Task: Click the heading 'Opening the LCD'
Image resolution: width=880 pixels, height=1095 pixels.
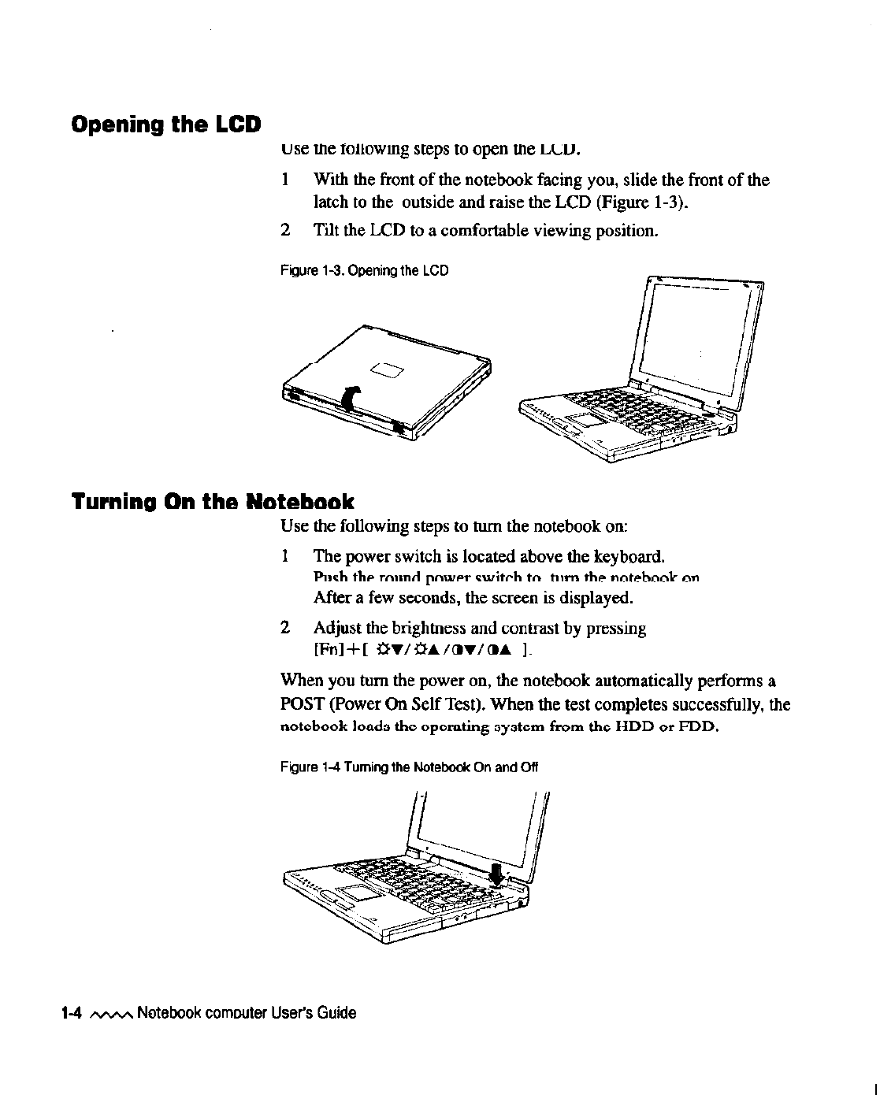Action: click(165, 125)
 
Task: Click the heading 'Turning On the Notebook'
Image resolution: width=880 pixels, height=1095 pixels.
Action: click(213, 501)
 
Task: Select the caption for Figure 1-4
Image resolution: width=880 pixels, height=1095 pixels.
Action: click(409, 766)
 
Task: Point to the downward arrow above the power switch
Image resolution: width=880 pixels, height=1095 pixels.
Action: click(496, 871)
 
